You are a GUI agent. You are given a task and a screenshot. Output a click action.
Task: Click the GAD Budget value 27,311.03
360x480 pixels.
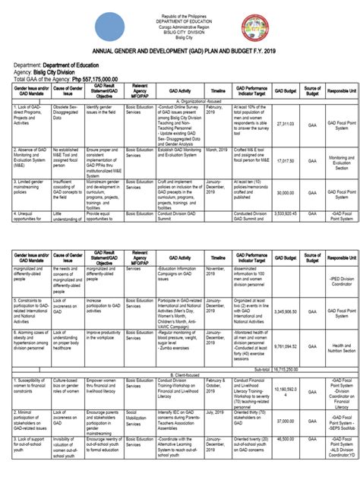[286, 123]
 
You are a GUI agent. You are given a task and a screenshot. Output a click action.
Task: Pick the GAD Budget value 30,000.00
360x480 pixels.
[286, 193]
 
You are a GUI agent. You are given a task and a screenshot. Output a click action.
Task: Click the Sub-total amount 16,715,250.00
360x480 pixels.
[286, 348]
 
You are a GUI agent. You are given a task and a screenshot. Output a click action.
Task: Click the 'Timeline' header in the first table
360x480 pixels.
[218, 90]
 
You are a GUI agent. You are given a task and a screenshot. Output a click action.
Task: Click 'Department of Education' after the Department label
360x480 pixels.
[79, 65]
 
